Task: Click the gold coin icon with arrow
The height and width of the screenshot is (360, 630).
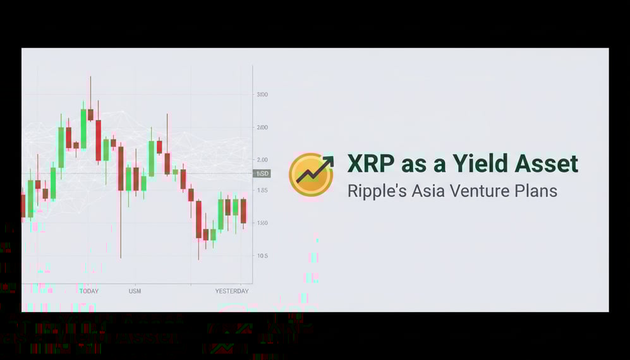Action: tap(311, 174)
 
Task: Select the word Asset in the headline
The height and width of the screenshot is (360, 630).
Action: tap(546, 164)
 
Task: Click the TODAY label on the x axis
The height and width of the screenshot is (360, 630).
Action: tap(89, 291)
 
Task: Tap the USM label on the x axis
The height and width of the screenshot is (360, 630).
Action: tap(135, 291)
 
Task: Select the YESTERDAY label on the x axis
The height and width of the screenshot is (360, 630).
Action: tap(232, 291)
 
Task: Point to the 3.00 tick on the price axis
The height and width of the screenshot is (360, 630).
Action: tap(262, 95)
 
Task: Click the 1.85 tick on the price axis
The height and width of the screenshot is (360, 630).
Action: tap(262, 191)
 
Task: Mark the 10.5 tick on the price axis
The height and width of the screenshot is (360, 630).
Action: tap(262, 256)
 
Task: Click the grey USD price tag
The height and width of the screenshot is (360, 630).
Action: tap(262, 174)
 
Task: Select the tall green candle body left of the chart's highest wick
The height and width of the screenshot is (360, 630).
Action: tap(83, 129)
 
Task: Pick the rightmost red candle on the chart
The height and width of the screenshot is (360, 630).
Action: tap(243, 210)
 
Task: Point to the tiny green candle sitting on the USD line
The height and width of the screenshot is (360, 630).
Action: tap(176, 171)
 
